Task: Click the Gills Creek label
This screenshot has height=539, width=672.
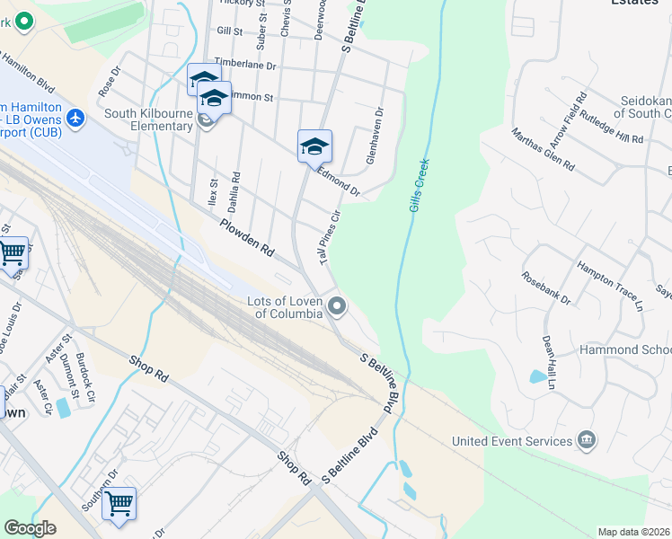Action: click(420, 185)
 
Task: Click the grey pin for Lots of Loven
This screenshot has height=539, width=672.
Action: click(338, 307)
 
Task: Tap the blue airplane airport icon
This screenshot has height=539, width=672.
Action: click(75, 117)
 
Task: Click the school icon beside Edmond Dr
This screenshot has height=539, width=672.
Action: click(314, 146)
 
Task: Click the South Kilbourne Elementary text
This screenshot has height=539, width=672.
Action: click(149, 119)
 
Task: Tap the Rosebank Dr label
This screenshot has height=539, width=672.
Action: click(546, 287)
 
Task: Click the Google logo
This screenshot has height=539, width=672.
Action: click(31, 528)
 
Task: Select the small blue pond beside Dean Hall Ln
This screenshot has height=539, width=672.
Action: click(538, 377)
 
